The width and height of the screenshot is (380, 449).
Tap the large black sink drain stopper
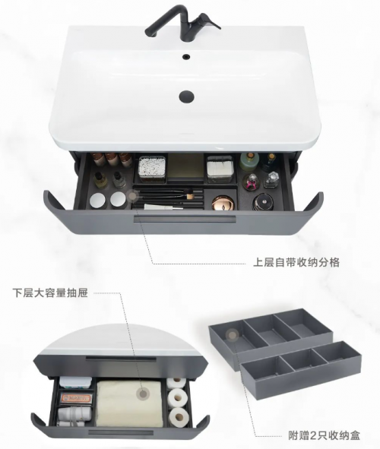[x=186, y=96]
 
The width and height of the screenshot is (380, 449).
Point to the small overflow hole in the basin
[x=186, y=56]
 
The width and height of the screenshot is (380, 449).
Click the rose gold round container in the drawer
[x=223, y=202]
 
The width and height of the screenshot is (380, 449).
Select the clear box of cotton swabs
[x=152, y=169]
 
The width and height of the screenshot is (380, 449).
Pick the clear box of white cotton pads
[x=220, y=169]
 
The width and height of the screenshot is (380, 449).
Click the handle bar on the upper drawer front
[x=185, y=219]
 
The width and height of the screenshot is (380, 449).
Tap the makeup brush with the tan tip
[x=167, y=197]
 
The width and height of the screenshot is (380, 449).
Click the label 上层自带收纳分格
[x=296, y=262]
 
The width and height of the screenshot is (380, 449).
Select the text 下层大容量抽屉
[x=50, y=293]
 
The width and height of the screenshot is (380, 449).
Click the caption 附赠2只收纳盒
[x=324, y=435]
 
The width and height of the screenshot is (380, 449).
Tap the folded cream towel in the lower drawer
[x=129, y=403]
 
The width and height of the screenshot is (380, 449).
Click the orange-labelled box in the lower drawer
[x=75, y=398]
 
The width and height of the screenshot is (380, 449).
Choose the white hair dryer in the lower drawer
[x=74, y=415]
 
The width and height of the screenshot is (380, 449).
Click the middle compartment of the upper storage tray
[x=271, y=329]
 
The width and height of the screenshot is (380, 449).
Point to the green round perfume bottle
[x=249, y=162]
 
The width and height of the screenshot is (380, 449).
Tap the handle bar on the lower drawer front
[x=122, y=432]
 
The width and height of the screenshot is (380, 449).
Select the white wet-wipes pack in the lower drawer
[x=75, y=382]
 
